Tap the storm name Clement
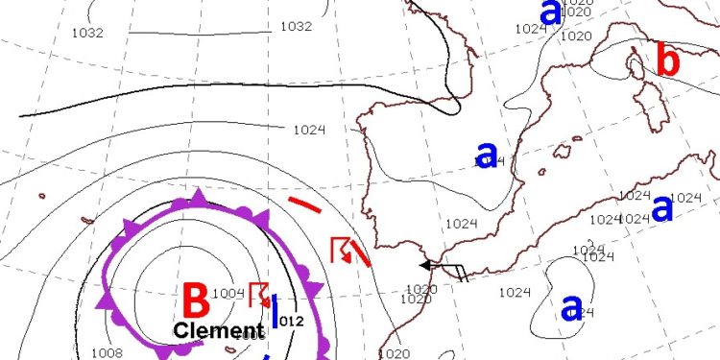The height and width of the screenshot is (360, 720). pos(219,331)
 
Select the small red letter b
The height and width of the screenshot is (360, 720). pos(668,61)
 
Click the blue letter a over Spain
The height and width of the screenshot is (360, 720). pos(487,154)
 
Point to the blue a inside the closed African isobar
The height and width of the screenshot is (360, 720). pos(571,307)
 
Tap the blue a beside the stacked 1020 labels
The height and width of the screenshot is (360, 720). pos(550,12)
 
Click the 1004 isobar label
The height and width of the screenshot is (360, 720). pos(228,294)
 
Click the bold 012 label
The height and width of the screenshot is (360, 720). pos(291,321)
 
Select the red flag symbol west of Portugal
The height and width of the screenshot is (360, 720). pos(340,250)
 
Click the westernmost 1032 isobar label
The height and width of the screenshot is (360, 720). pos(87,32)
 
